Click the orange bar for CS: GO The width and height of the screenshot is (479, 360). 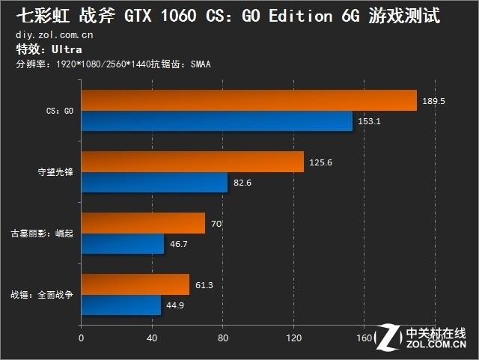pos(248,100)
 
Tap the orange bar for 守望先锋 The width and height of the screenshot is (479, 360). pos(192,162)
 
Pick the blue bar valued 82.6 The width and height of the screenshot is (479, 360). pos(153,182)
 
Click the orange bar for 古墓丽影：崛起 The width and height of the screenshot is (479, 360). pos(142,223)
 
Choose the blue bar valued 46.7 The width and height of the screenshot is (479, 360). pos(122,243)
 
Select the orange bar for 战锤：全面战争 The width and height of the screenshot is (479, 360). pos(135,284)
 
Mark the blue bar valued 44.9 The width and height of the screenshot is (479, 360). pos(120,305)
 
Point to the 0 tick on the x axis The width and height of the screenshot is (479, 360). pos(81,337)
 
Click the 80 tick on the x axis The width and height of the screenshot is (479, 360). pos(222,337)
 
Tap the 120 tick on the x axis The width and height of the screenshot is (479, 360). pos(293,337)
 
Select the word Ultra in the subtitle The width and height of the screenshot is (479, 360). pos(66,49)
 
